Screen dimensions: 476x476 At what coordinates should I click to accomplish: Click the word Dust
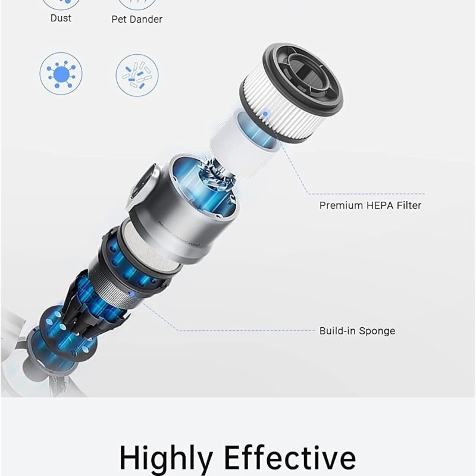61,18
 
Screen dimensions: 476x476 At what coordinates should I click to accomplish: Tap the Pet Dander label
137,19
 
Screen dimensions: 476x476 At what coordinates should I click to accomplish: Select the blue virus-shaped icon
61,74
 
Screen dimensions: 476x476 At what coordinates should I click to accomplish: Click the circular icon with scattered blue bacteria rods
137,75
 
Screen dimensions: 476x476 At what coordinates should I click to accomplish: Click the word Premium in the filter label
341,205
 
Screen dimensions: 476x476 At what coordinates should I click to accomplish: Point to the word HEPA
380,205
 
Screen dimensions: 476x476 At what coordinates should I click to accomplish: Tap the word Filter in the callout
409,205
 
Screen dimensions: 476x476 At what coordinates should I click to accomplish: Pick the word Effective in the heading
290,457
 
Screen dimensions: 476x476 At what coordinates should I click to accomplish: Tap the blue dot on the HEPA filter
265,114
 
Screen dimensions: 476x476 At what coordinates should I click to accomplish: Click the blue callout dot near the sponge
131,294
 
